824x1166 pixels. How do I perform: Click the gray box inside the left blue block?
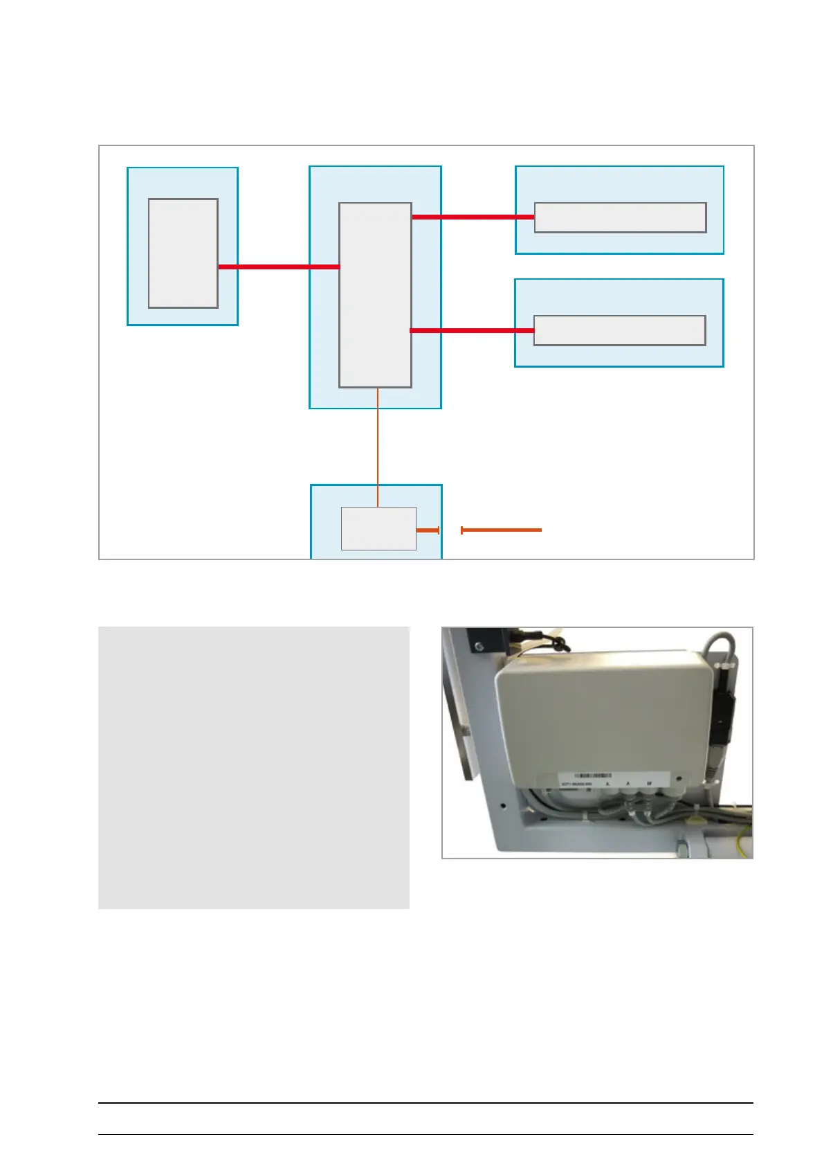[x=183, y=253]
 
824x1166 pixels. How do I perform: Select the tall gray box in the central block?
[x=375, y=295]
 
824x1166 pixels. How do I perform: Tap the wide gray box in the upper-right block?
[x=620, y=217]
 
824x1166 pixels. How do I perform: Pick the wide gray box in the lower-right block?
[x=619, y=330]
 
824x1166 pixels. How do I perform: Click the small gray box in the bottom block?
[x=378, y=528]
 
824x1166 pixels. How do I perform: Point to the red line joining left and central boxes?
[x=278, y=267]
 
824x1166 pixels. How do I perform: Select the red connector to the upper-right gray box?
[x=473, y=217]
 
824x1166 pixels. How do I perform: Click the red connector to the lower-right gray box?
[x=472, y=330]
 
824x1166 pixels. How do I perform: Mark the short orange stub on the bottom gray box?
[x=428, y=530]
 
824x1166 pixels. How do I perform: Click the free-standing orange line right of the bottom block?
[x=501, y=530]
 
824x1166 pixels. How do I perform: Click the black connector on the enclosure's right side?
[x=723, y=720]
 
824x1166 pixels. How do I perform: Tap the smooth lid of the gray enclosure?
[x=602, y=713]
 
